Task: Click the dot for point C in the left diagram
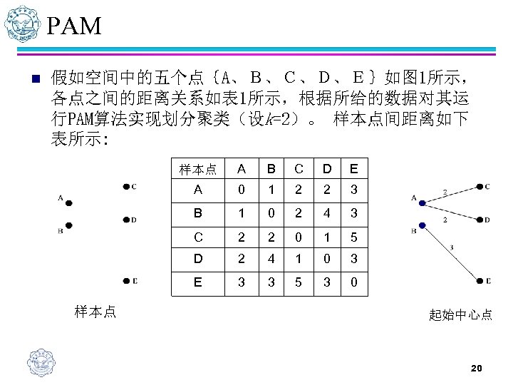tap(124, 187)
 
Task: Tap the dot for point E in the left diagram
tap(124, 281)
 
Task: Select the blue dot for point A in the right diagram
tap(422, 204)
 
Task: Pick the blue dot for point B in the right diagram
tap(422, 225)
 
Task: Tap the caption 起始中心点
tap(460, 314)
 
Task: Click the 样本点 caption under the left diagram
tap(96, 310)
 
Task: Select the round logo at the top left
tap(20, 25)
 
